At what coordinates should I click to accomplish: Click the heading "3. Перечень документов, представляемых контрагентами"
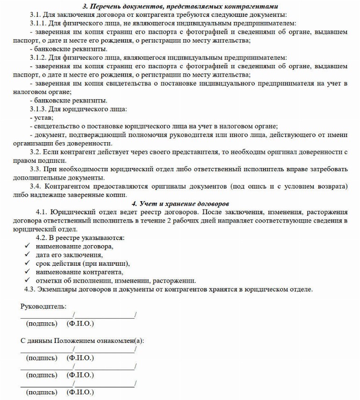(180, 7)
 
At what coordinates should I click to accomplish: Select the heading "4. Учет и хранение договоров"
(180, 204)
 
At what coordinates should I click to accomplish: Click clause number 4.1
(42, 212)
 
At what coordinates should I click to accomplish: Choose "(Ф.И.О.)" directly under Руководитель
(80, 324)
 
